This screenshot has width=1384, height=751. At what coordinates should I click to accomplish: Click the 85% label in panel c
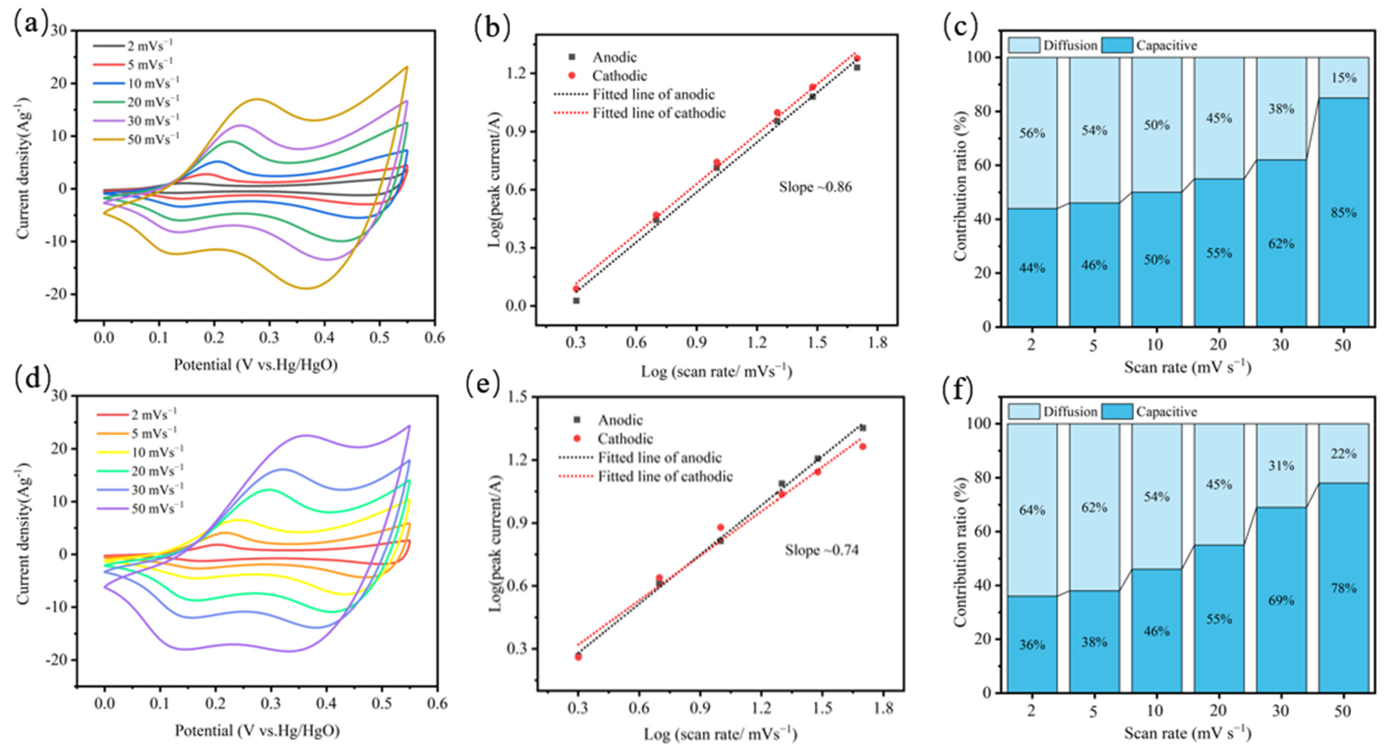pyautogui.click(x=1343, y=213)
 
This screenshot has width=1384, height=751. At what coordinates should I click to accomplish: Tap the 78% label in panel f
pyautogui.click(x=1343, y=588)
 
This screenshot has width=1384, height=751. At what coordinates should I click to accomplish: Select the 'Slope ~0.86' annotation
pyautogui.click(x=815, y=187)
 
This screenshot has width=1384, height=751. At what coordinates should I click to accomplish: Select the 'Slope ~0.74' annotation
pyautogui.click(x=822, y=551)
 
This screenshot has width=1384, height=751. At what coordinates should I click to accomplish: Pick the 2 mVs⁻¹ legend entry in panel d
pyautogui.click(x=154, y=415)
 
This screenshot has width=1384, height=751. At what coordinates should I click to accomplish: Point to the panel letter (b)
pyautogui.click(x=492, y=28)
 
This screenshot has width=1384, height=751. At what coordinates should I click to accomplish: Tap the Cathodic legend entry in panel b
pyautogui.click(x=619, y=76)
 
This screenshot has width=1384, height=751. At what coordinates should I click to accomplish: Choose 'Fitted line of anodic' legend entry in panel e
pyautogui.click(x=659, y=458)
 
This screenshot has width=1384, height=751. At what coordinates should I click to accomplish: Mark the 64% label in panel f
pyautogui.click(x=1031, y=510)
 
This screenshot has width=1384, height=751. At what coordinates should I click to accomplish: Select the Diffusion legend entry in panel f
pyautogui.click(x=1069, y=412)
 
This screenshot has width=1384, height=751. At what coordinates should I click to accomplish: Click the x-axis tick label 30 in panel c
pyautogui.click(x=1281, y=345)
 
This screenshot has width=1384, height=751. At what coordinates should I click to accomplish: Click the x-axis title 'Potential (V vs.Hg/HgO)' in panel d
pyautogui.click(x=257, y=731)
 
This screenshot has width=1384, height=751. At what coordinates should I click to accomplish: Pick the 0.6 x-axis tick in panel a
pyautogui.click(x=434, y=338)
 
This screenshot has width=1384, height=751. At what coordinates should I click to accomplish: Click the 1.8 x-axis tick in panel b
pyautogui.click(x=877, y=343)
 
